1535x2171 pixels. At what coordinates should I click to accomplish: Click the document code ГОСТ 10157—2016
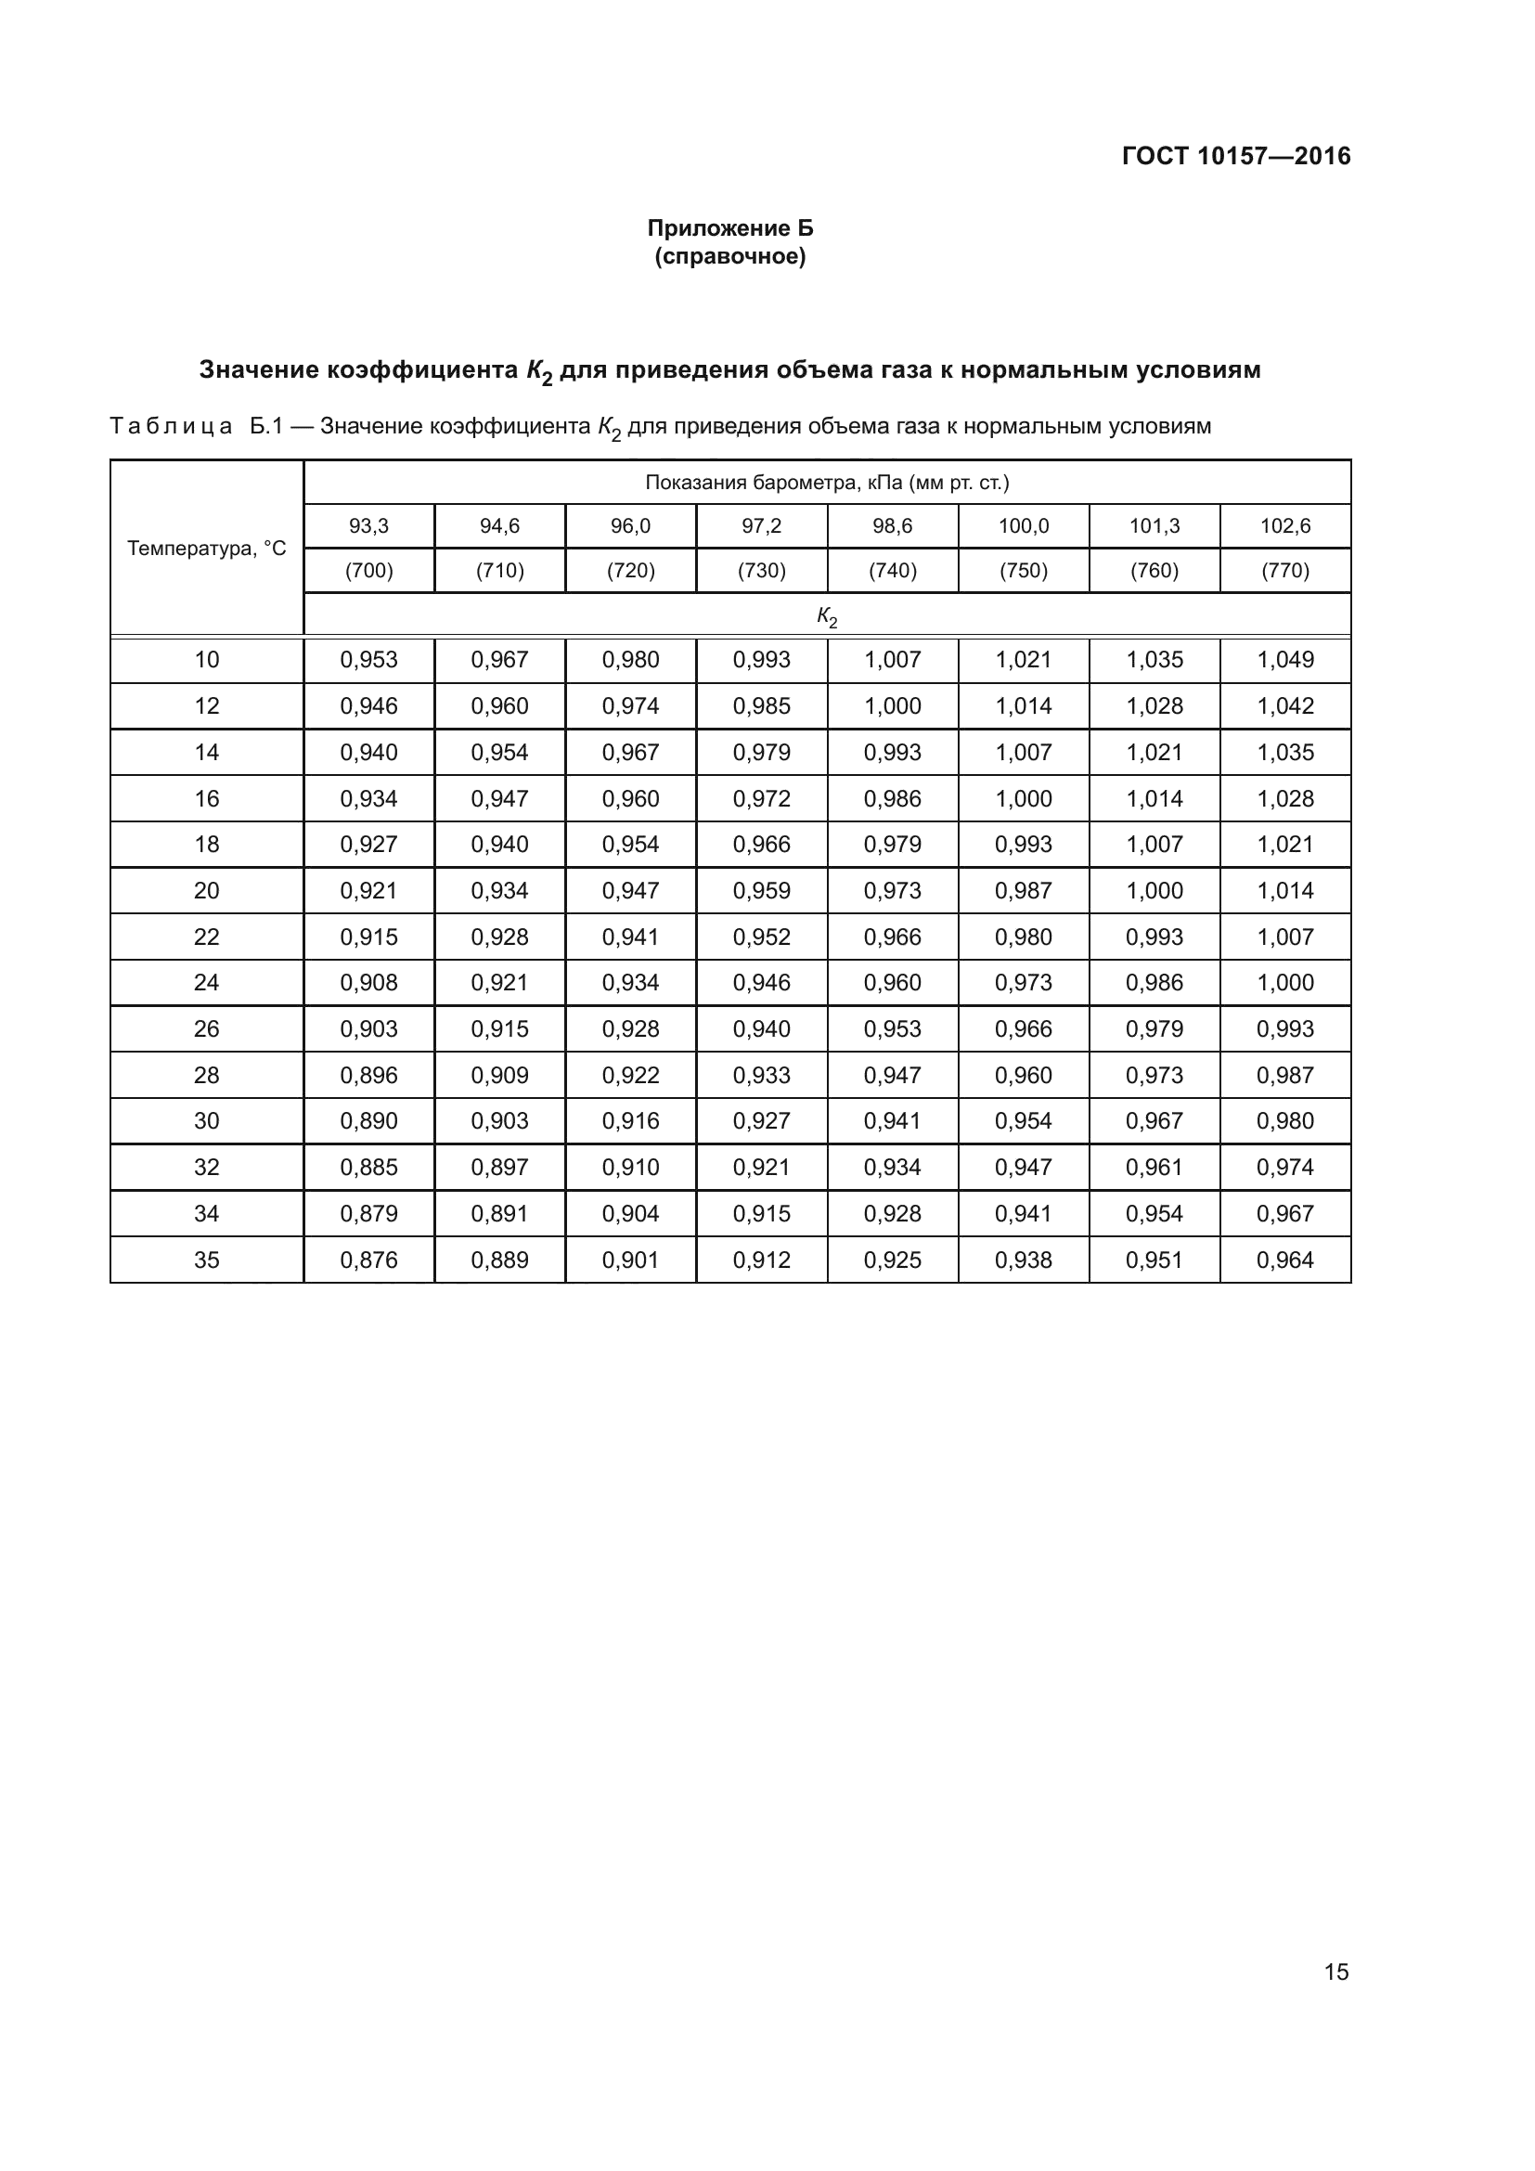pyautogui.click(x=1235, y=156)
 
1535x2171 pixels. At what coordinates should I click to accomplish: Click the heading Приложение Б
pyautogui.click(x=729, y=228)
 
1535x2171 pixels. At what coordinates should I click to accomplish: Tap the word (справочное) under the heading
pyautogui.click(x=729, y=256)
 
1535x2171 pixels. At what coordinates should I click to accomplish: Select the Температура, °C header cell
pyautogui.click(x=206, y=549)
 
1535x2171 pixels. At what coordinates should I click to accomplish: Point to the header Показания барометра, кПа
pyautogui.click(x=827, y=484)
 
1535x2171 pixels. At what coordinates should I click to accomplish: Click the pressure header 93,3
pyautogui.click(x=368, y=526)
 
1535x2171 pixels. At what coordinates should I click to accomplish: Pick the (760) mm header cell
pyautogui.click(x=1154, y=571)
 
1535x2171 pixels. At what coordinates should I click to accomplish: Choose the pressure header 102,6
pyautogui.click(x=1284, y=526)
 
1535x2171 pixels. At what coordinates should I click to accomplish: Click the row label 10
pyautogui.click(x=206, y=660)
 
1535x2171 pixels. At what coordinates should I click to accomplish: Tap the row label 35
pyautogui.click(x=206, y=1260)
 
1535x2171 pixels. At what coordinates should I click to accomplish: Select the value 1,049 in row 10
pyautogui.click(x=1284, y=660)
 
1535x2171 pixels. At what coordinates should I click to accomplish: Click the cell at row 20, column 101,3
pyautogui.click(x=1154, y=891)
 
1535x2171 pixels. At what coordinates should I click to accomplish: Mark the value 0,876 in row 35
pyautogui.click(x=368, y=1260)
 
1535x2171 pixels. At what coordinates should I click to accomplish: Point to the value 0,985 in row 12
pyautogui.click(x=761, y=706)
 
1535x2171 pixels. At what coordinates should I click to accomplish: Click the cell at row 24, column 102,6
pyautogui.click(x=1284, y=983)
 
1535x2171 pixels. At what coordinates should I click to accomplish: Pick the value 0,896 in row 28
pyautogui.click(x=368, y=1076)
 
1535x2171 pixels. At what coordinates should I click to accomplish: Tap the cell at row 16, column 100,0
pyautogui.click(x=1024, y=799)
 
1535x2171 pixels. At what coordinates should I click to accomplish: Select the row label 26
pyautogui.click(x=206, y=1029)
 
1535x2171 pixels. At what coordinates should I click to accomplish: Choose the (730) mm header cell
pyautogui.click(x=761, y=571)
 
